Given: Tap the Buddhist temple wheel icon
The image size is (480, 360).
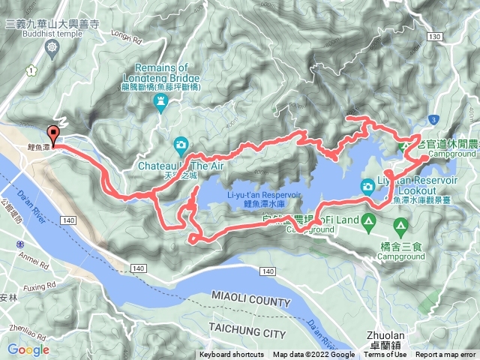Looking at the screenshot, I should pos(51,47).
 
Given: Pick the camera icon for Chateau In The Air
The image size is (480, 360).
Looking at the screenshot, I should pos(181,145).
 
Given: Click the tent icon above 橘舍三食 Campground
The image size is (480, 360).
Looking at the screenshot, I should pos(400,224).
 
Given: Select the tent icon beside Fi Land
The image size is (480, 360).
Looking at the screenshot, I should pos(368,220).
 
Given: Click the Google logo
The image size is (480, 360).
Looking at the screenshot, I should pos(28,349).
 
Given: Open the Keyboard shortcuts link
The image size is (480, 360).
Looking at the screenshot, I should pos(232,355).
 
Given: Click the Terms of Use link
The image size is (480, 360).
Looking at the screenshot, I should pos(385,355).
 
